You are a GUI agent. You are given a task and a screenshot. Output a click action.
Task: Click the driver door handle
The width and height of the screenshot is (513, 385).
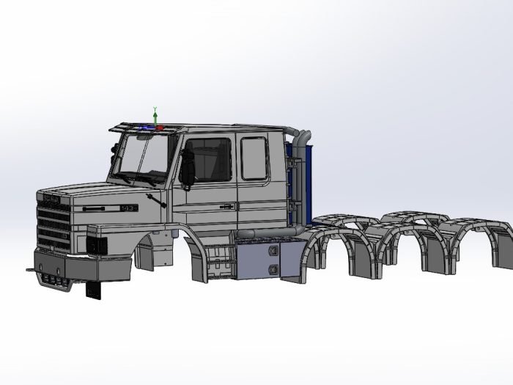[227, 207]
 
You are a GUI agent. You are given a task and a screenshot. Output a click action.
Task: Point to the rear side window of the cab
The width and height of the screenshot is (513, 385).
[254, 158]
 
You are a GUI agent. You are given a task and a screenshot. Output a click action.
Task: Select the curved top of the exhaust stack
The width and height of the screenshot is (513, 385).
[301, 135]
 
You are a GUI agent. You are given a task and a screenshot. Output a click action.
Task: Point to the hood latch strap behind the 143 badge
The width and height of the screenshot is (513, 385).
[155, 199]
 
